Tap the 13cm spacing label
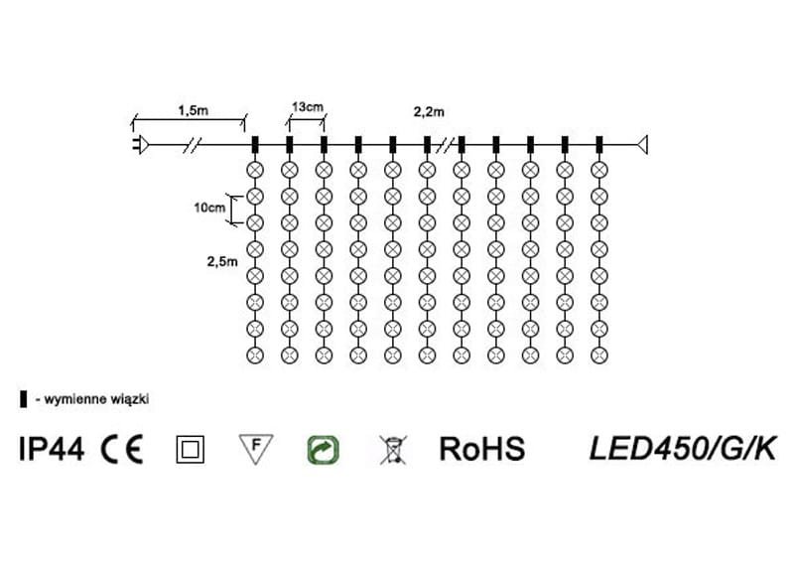pyautogui.click(x=307, y=105)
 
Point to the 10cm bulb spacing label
pyautogui.click(x=208, y=208)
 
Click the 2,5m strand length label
pyautogui.click(x=221, y=261)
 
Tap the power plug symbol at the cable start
pyautogui.click(x=141, y=145)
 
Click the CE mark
pyautogui.click(x=121, y=449)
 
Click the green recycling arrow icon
pyautogui.click(x=324, y=449)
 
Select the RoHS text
pyautogui.click(x=481, y=449)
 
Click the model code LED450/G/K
pyautogui.click(x=682, y=449)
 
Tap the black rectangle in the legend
pyautogui.click(x=23, y=399)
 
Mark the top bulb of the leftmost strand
pyautogui.click(x=255, y=170)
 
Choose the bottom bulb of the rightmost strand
pyautogui.click(x=598, y=354)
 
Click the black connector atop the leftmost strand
pyautogui.click(x=255, y=145)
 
